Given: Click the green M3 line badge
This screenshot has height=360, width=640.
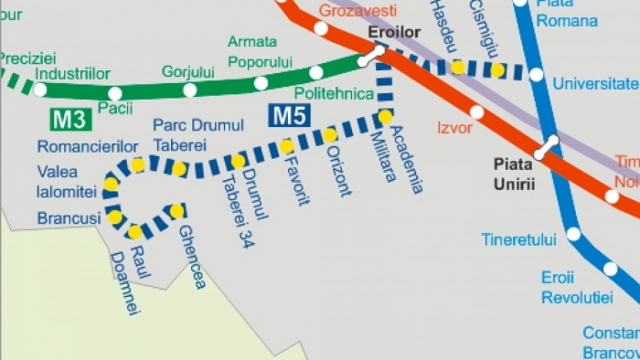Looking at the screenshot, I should click(x=69, y=119).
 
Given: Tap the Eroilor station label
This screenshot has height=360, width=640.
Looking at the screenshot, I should click(x=393, y=32).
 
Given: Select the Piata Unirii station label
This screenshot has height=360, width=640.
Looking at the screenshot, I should click(x=513, y=174).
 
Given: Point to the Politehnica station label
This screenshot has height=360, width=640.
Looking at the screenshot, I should click(x=334, y=94).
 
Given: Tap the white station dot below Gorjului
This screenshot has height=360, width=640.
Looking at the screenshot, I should click(x=189, y=90).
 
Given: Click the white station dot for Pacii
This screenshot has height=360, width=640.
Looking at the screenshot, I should click(x=114, y=93).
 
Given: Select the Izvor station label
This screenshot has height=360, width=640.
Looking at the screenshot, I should click(x=454, y=128).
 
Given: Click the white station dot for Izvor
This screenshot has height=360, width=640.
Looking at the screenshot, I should click(x=476, y=112).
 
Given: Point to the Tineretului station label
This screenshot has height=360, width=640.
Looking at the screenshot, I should click(x=518, y=240).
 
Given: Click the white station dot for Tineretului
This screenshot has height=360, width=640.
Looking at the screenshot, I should click(x=573, y=234).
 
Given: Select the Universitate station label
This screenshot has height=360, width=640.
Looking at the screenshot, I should click(x=595, y=84).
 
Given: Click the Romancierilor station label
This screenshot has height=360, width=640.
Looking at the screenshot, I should click(x=87, y=146).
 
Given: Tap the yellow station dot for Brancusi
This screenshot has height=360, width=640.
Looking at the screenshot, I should click(x=114, y=217).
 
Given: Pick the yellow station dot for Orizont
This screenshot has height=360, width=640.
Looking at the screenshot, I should click(x=329, y=135).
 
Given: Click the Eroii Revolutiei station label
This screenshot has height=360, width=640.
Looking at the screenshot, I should click(x=575, y=287).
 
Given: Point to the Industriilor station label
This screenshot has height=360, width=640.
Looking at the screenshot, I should click(x=72, y=74).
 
